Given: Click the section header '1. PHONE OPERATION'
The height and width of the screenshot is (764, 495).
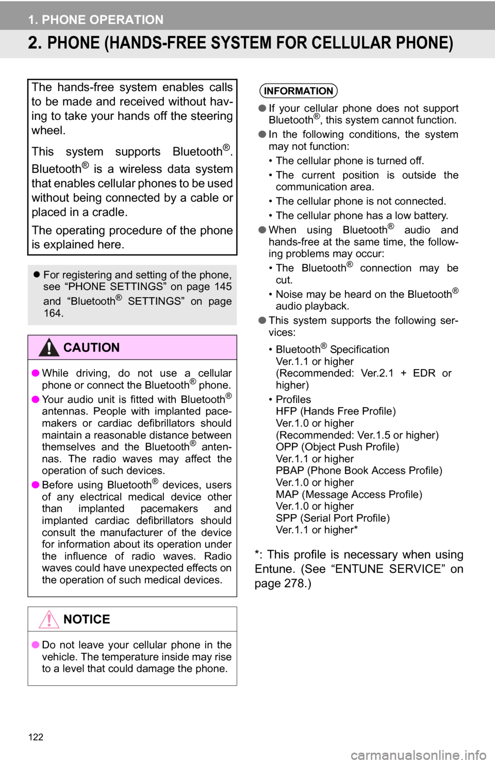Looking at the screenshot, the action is pyautogui.click(x=96, y=20).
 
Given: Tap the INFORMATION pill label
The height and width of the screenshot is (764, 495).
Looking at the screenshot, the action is pyautogui.click(x=299, y=91).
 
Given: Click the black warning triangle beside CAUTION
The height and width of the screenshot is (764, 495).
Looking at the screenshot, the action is pyautogui.click(x=49, y=347).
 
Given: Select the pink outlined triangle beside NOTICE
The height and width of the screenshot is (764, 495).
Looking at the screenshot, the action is pyautogui.click(x=49, y=619).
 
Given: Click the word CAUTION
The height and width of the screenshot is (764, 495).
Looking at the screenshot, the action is pyautogui.click(x=92, y=348).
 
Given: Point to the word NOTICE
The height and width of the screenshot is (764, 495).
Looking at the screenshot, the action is pyautogui.click(x=87, y=619).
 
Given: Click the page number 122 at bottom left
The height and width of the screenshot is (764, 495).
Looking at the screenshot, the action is pyautogui.click(x=36, y=737).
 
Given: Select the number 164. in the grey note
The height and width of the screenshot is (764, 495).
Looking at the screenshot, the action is pyautogui.click(x=53, y=313).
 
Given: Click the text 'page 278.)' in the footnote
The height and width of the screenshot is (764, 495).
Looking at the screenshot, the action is pyautogui.click(x=283, y=584).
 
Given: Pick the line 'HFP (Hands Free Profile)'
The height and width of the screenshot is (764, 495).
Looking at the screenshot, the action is pyautogui.click(x=336, y=411).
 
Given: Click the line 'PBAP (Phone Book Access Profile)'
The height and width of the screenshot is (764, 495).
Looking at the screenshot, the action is pyautogui.click(x=359, y=471).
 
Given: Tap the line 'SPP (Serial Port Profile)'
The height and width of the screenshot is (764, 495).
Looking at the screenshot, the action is pyautogui.click(x=333, y=518).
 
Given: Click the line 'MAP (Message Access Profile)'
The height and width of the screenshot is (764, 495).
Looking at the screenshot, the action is pyautogui.click(x=349, y=495).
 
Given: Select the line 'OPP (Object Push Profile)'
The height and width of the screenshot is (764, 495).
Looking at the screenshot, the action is pyautogui.click(x=338, y=447).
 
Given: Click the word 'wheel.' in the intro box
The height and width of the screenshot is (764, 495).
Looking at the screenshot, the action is pyautogui.click(x=48, y=130).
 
